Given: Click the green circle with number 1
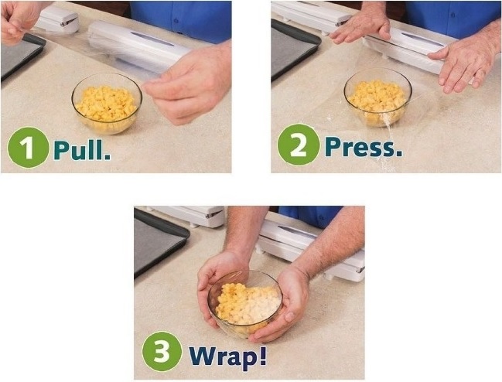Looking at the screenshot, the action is click(28, 148).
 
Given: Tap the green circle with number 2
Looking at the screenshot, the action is click(299, 145).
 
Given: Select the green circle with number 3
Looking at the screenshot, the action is click(162, 351).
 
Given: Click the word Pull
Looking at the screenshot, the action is click(82, 148).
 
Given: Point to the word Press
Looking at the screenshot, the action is click(364, 146).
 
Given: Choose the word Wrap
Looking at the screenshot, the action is click(227, 356).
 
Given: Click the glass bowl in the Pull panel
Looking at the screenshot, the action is click(107, 104).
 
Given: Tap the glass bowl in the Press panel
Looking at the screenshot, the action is click(378, 97).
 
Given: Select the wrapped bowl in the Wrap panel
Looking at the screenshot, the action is click(245, 303).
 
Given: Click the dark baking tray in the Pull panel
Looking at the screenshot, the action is click(21, 56).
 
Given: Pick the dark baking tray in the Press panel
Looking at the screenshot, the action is click(294, 49).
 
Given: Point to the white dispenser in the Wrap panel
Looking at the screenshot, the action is click(312, 251).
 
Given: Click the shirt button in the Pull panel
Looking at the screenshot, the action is click(176, 20).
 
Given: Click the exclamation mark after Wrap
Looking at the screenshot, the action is click(262, 355).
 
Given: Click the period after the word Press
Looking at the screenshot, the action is click(398, 154).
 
